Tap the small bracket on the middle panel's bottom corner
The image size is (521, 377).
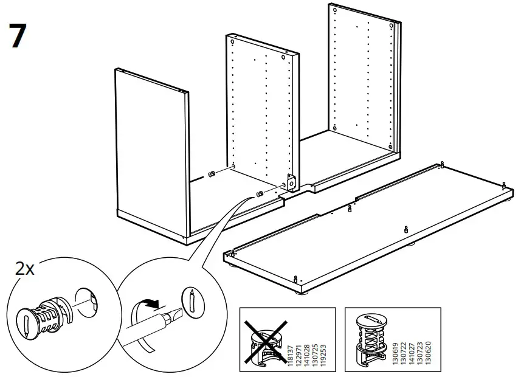point(290,182)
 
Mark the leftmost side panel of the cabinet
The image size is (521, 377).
point(149,152)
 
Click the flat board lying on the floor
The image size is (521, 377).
point(371,225)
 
